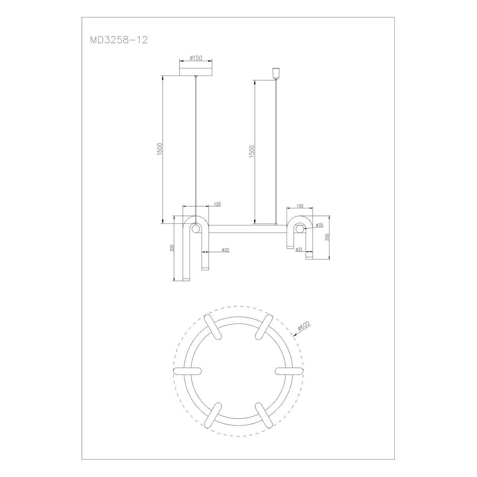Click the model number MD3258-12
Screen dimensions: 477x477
pos(119,40)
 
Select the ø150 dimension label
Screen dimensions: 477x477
pos(196,58)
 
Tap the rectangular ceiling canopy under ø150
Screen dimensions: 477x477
pos(196,71)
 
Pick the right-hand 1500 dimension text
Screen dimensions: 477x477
pos(252,152)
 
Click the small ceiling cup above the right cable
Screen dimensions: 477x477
pos(276,73)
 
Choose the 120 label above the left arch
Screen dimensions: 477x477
pos(217,204)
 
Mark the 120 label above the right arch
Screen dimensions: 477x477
pos(299,206)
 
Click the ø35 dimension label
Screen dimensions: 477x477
pos(319,225)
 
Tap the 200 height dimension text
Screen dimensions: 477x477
pos(327,237)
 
